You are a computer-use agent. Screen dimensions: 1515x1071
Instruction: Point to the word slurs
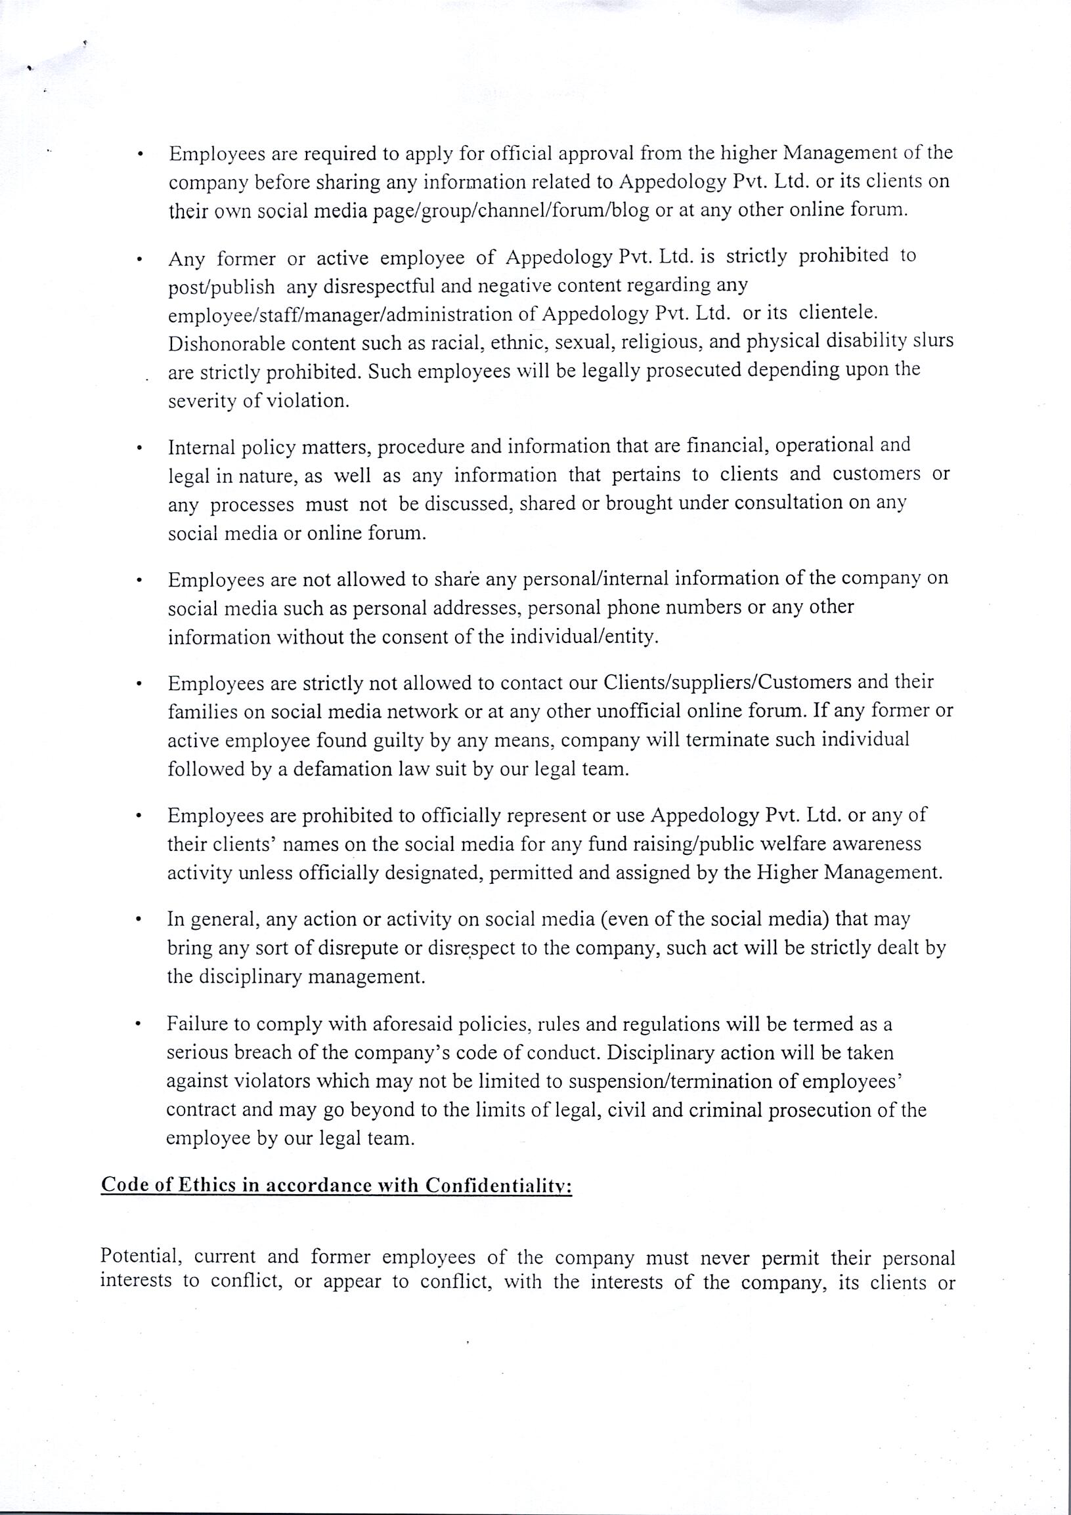click(x=932, y=341)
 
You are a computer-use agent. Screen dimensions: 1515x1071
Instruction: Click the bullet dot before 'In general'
click(x=139, y=919)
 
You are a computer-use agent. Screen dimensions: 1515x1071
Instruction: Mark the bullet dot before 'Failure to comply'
click(x=138, y=1025)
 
